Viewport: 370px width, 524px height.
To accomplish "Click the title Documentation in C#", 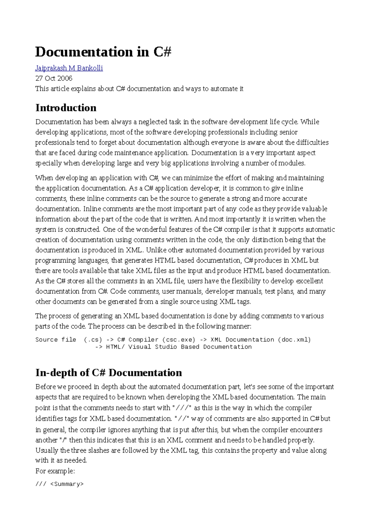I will (x=103, y=52).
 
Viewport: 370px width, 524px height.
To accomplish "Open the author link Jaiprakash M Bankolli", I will (x=69, y=68).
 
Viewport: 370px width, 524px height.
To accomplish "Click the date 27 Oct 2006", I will (x=54, y=78).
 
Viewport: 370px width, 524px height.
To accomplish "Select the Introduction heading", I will (x=66, y=108).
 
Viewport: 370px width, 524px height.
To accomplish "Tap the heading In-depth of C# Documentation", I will (x=109, y=372).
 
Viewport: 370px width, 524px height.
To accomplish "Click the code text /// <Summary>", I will (x=60, y=484).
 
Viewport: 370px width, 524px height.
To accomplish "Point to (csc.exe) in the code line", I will (x=179, y=340).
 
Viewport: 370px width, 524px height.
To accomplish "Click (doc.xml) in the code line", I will (x=294, y=340).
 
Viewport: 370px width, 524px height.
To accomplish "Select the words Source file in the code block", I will (x=55, y=340).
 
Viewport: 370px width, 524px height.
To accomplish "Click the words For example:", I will (x=55, y=471).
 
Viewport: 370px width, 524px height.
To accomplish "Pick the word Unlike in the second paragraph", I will (x=157, y=250).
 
